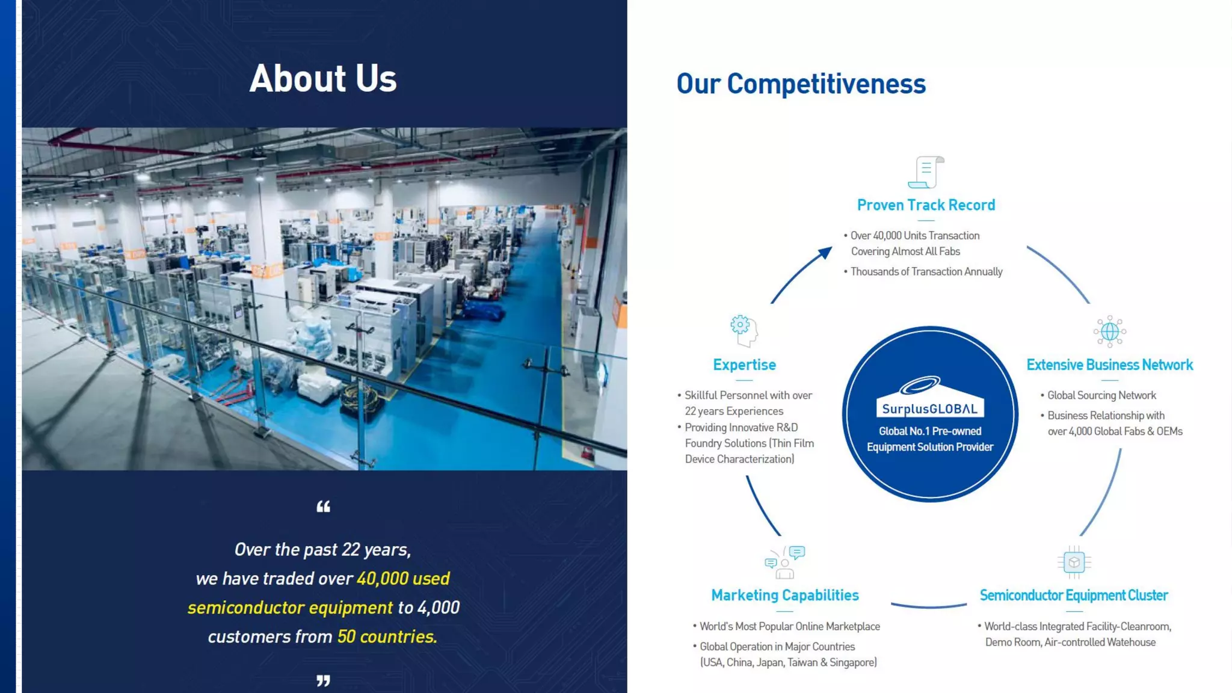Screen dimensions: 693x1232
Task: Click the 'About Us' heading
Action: click(x=323, y=79)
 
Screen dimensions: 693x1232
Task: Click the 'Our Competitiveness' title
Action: click(x=801, y=84)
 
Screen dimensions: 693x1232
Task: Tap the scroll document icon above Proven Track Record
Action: click(x=926, y=172)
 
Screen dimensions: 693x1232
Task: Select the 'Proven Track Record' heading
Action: click(x=926, y=205)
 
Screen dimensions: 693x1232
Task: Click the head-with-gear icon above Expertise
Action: click(x=744, y=330)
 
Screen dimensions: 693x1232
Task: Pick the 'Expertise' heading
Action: click(x=744, y=365)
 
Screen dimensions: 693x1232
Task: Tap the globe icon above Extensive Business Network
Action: click(x=1109, y=331)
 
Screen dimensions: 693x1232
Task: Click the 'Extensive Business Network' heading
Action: click(x=1109, y=365)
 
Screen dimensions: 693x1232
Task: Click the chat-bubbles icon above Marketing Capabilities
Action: click(x=784, y=562)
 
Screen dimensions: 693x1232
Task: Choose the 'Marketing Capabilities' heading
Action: click(x=784, y=595)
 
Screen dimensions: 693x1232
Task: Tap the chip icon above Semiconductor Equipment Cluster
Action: click(x=1074, y=562)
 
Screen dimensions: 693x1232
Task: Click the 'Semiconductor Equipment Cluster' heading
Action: click(x=1074, y=595)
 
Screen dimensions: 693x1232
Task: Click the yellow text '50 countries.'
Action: click(x=387, y=636)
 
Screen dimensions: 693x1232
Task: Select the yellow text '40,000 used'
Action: click(x=403, y=578)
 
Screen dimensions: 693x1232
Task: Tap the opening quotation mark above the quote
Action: click(x=323, y=507)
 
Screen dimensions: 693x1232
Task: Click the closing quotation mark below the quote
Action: click(x=323, y=680)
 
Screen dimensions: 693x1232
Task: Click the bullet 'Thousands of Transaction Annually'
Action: click(x=926, y=272)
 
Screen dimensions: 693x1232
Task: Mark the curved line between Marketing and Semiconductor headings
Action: click(x=929, y=606)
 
